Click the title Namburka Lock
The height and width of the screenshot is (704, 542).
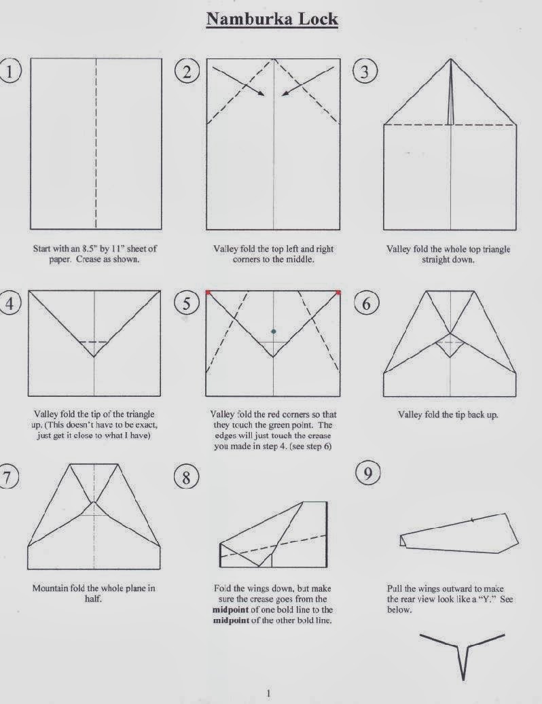[272, 18]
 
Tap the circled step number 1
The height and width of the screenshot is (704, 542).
[9, 71]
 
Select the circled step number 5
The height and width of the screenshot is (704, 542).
[186, 302]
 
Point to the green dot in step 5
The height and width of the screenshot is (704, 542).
[273, 332]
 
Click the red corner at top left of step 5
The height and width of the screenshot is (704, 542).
[208, 292]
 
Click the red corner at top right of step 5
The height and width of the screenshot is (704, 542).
[338, 292]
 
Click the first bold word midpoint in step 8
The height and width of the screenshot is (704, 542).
[233, 609]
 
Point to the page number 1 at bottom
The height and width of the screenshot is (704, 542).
[269, 692]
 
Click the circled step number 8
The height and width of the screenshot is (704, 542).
[186, 478]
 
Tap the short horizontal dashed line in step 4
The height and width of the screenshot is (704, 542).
[94, 342]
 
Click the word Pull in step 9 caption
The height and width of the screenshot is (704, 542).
[395, 588]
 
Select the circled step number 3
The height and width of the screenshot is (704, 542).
[365, 71]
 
